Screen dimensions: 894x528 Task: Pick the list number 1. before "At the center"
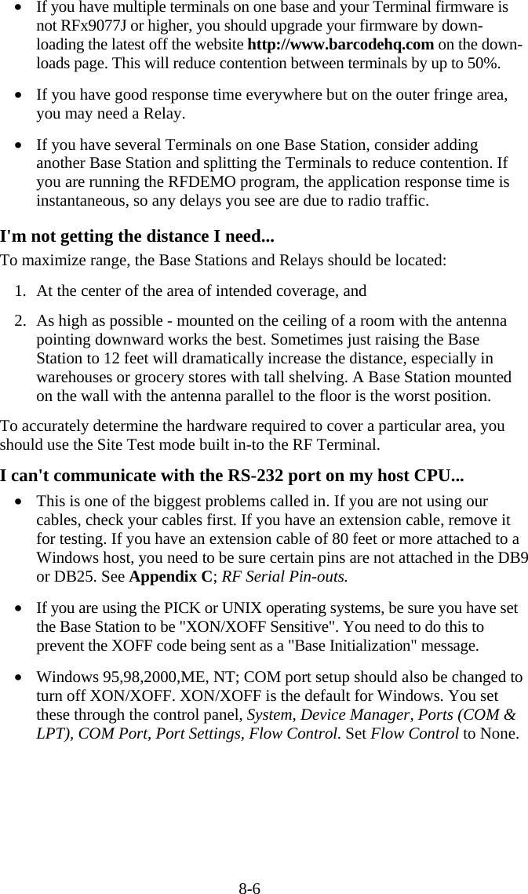(22, 291)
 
